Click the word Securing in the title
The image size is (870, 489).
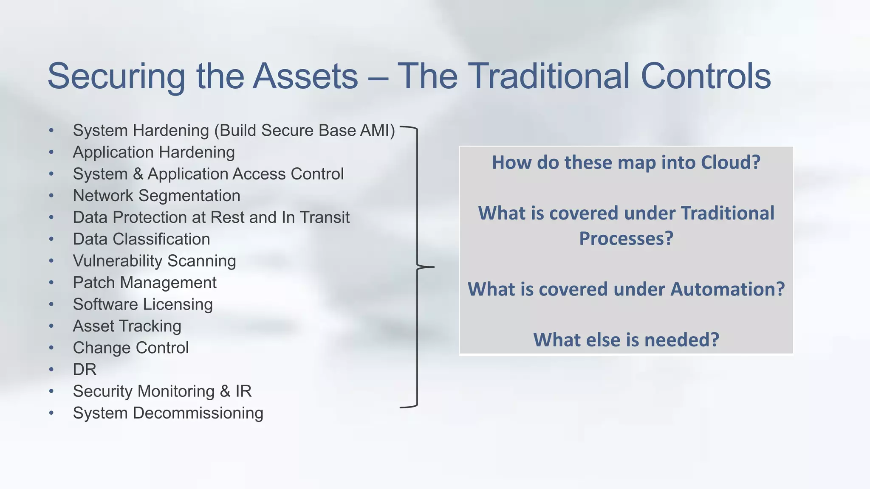[x=116, y=77]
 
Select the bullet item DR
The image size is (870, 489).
[x=85, y=370]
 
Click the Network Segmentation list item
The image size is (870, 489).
[x=156, y=196]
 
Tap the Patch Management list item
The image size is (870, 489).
[x=144, y=283]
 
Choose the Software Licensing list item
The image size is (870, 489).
[x=142, y=304]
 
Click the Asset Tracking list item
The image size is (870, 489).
[x=127, y=326]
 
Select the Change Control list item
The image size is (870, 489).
[x=130, y=348]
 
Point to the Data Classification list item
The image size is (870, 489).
[x=141, y=239]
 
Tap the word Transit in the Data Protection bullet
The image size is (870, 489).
[x=325, y=217]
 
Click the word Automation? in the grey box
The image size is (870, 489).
[x=727, y=289]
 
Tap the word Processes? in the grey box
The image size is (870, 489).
[x=626, y=239]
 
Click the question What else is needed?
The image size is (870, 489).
[x=626, y=340]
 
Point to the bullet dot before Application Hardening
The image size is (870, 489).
[x=51, y=152]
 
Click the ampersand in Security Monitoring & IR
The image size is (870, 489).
[x=225, y=391]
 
